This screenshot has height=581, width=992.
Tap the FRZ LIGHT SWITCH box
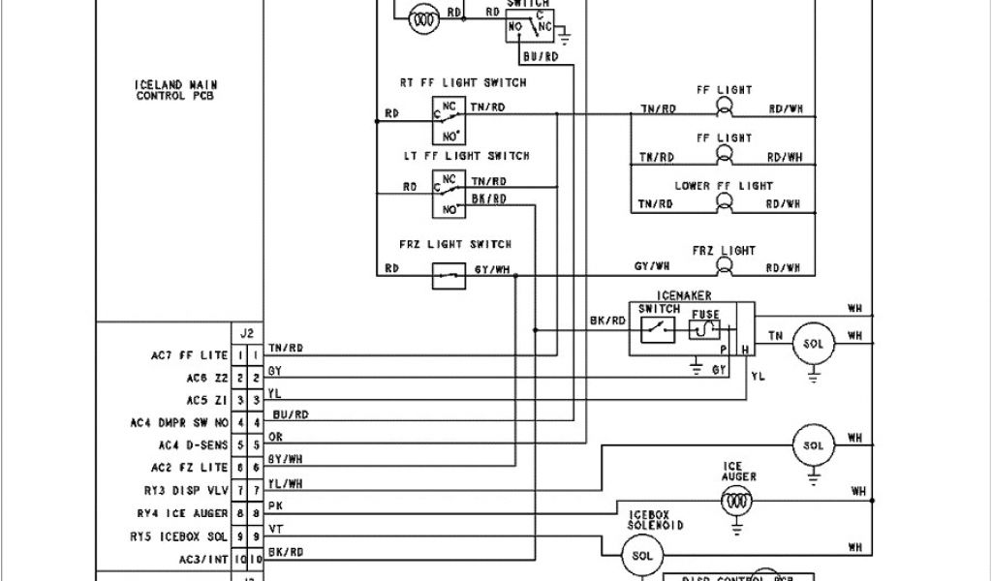point(448,276)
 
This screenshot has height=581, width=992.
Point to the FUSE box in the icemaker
point(704,330)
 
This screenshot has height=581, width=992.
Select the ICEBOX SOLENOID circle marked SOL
point(642,556)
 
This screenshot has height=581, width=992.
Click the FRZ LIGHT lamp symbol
point(723,266)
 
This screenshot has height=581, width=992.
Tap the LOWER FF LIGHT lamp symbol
point(723,201)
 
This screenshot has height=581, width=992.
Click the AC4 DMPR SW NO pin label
point(179,422)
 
